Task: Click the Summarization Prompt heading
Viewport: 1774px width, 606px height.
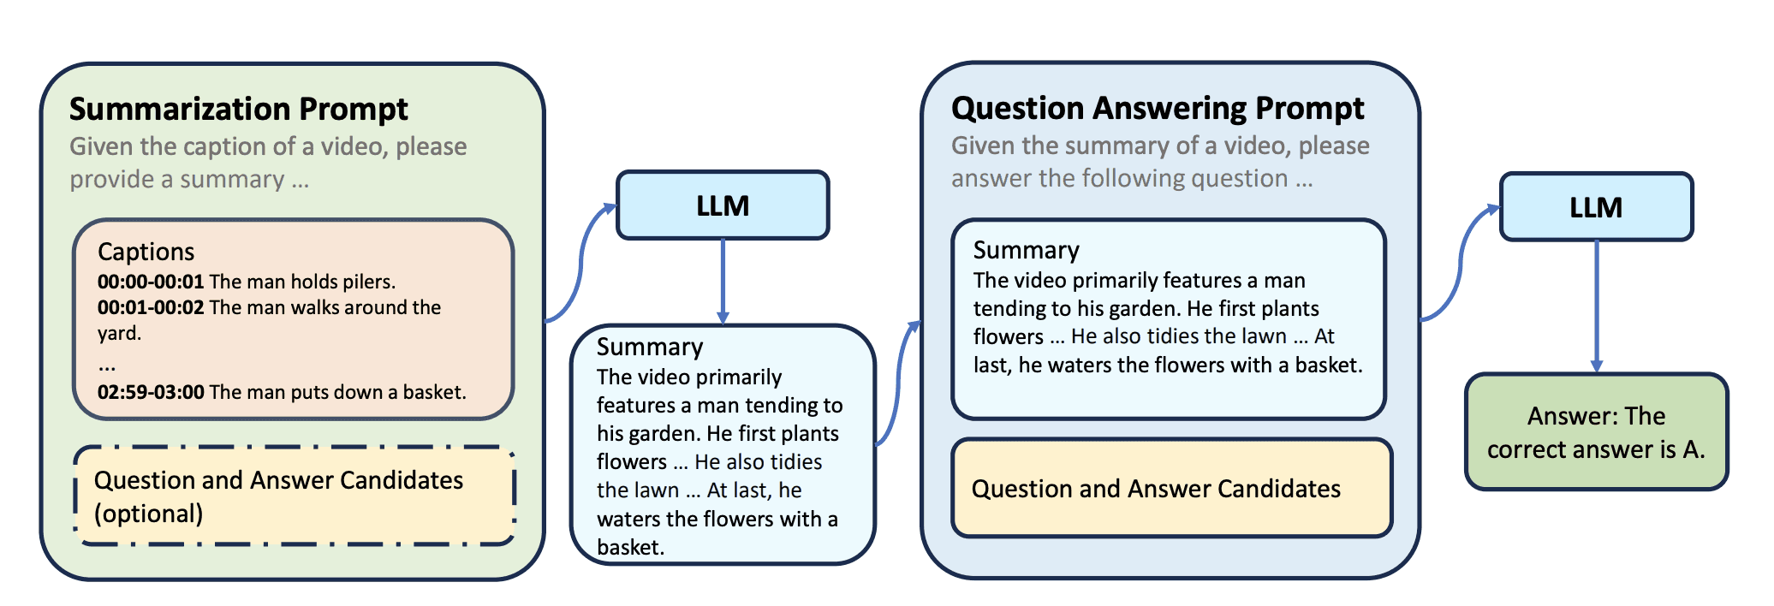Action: [x=238, y=110]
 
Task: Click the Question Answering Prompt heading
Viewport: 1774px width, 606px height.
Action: [x=1157, y=109]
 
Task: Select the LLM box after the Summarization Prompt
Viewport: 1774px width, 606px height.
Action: [x=723, y=205]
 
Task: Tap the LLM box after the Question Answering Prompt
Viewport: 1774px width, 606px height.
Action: [x=1596, y=207]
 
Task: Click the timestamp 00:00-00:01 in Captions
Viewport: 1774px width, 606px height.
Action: [x=151, y=282]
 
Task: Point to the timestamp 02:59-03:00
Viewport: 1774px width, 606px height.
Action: [x=151, y=392]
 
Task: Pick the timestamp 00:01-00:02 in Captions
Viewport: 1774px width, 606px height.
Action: [x=151, y=307]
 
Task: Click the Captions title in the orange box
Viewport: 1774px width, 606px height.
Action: [x=146, y=252]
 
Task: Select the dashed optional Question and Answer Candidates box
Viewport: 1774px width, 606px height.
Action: [x=294, y=496]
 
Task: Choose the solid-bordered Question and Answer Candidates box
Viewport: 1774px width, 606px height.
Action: [x=1171, y=489]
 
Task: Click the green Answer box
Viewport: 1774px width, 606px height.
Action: [x=1596, y=432]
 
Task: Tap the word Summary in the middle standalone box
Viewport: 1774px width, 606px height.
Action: [x=650, y=347]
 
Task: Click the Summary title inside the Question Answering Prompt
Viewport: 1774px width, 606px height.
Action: [x=1026, y=250]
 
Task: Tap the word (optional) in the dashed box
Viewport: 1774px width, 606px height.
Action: [x=148, y=514]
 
